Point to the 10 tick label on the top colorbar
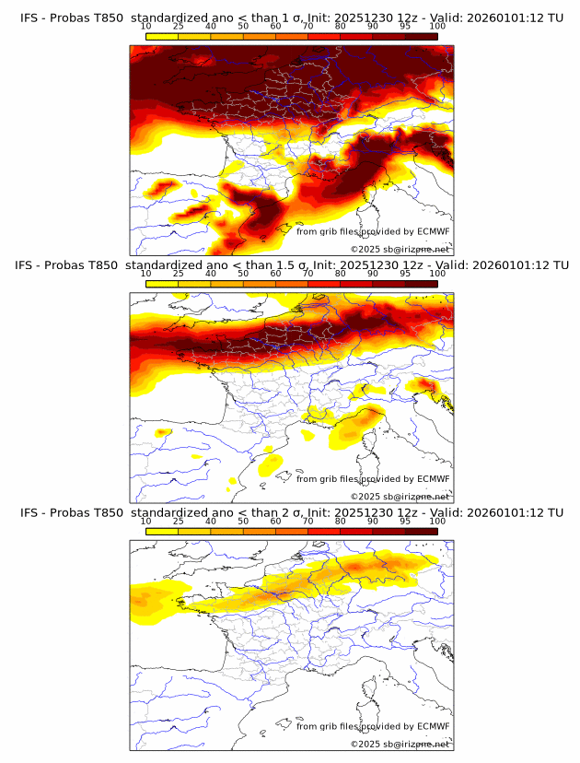pos(146,26)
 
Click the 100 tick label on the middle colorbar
pos(437,274)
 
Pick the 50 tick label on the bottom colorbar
pos(243,521)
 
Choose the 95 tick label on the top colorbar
pos(405,26)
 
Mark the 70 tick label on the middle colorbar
pos(307,274)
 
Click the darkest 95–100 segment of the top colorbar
pos(421,37)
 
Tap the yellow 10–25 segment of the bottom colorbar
pos(162,532)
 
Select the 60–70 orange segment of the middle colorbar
pos(292,284)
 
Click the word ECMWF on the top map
pos(434,231)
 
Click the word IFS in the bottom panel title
pos(29,512)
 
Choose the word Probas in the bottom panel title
pos(70,512)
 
